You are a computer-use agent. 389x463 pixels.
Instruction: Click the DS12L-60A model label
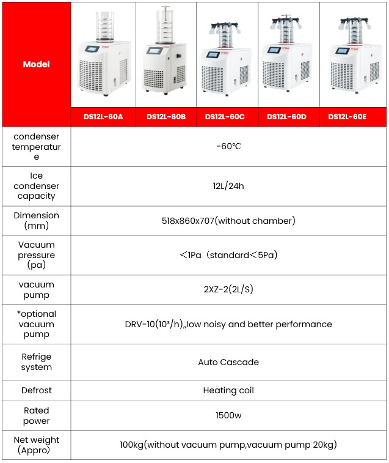point(103,117)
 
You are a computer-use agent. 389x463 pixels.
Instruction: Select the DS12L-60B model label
point(165,117)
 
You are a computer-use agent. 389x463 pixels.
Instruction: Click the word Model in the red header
point(36,64)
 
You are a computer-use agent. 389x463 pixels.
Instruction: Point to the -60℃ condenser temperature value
point(228,147)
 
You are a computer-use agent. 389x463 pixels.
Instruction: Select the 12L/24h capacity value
point(228,186)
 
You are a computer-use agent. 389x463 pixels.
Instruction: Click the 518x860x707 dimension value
point(228,221)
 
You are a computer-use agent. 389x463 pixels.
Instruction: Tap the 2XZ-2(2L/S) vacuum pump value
point(228,290)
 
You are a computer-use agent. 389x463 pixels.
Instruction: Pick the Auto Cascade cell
point(228,362)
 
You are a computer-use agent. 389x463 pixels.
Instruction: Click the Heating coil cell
point(228,390)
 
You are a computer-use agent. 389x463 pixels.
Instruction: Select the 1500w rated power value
point(228,416)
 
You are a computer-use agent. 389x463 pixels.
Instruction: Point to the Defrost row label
point(36,390)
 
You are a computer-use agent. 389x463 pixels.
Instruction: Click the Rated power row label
point(36,416)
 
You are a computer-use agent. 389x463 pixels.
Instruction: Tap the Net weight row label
point(36,445)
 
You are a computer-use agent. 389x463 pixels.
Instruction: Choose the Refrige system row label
point(36,362)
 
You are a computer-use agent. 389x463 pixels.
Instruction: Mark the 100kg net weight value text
point(228,445)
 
